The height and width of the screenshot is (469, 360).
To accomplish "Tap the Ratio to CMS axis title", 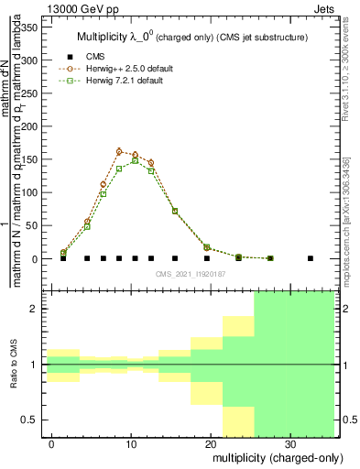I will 15,365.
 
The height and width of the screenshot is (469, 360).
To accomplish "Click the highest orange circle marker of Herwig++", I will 119,151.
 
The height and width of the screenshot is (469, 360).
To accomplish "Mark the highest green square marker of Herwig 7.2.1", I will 136,160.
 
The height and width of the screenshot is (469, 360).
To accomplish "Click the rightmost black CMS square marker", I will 311,258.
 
